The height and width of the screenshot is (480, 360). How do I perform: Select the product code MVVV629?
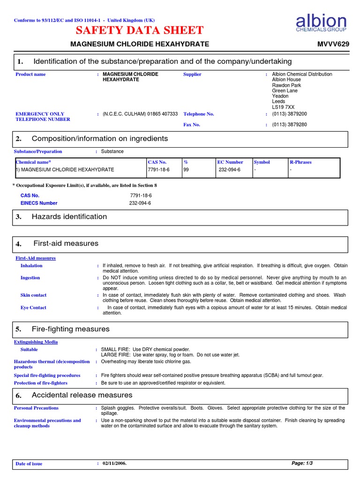click(333, 44)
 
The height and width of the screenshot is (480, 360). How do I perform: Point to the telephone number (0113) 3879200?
click(289, 114)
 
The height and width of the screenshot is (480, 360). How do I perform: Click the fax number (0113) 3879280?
click(289, 125)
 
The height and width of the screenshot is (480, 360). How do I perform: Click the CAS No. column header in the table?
click(157, 162)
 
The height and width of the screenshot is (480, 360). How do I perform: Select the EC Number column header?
click(230, 162)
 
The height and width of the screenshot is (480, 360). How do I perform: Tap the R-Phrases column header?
click(300, 162)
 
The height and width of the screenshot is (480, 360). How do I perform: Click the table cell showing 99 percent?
click(186, 170)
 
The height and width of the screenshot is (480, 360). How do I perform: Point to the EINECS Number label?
click(39, 203)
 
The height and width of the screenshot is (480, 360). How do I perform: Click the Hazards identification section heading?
click(69, 217)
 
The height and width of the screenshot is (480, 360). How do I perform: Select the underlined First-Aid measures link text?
click(36, 258)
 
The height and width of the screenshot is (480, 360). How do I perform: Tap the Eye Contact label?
click(33, 307)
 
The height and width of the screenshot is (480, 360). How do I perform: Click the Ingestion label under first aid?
click(30, 278)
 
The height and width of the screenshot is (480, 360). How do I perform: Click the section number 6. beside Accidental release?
click(19, 396)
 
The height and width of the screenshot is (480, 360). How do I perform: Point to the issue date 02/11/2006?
click(115, 463)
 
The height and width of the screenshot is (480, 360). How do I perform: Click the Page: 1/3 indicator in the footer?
click(302, 463)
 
